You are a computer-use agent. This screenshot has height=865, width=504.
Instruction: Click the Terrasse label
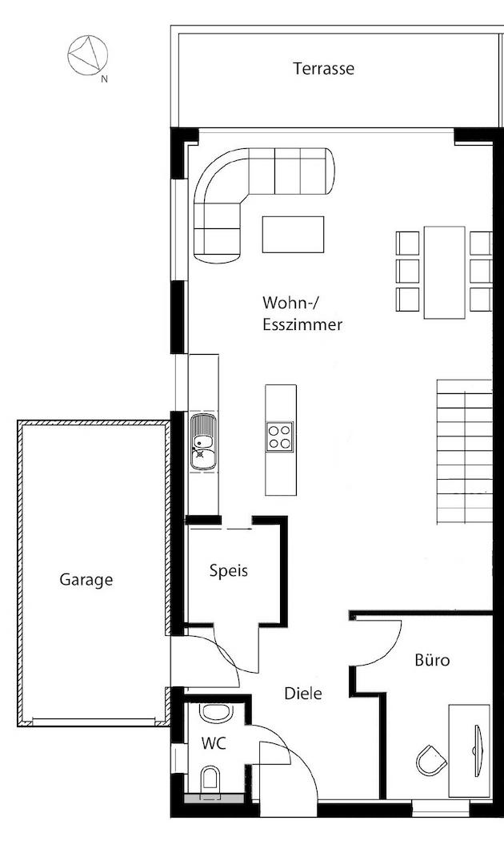point(323,69)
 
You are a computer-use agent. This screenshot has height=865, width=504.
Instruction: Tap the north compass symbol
point(88,56)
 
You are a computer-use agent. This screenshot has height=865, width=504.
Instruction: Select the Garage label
point(86,580)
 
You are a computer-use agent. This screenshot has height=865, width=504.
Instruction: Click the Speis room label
point(229,571)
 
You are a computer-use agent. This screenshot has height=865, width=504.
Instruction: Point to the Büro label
point(432,661)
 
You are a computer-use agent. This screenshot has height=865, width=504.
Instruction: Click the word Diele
point(303,694)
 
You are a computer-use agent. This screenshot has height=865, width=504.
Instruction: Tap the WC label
point(214,743)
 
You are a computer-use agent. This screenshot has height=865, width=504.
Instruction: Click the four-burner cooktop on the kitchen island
point(280,437)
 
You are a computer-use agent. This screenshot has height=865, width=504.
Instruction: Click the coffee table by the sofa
point(293,234)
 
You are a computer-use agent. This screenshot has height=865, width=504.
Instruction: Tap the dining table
point(444,272)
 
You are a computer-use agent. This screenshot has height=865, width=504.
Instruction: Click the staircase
point(464,449)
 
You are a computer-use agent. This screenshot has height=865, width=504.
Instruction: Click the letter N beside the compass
point(104,79)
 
